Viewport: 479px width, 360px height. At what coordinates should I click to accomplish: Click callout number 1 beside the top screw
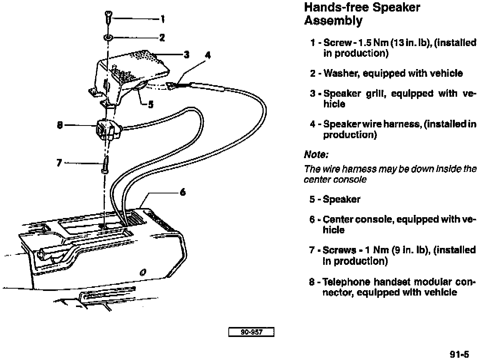tap(163, 18)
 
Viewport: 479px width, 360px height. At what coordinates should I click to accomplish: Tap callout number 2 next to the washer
tap(162, 37)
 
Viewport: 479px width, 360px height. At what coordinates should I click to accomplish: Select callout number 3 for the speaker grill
tap(187, 55)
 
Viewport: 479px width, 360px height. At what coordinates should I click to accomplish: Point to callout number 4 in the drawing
tap(208, 55)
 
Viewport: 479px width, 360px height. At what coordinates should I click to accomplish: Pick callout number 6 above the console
tap(183, 192)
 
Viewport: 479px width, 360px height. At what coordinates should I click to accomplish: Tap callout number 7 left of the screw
tap(59, 163)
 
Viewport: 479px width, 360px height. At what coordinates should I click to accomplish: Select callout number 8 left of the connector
tap(60, 125)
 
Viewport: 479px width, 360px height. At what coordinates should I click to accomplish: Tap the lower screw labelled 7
tap(105, 164)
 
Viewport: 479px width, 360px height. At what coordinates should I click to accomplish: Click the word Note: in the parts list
tap(316, 155)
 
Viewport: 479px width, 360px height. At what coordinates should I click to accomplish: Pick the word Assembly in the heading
tap(333, 21)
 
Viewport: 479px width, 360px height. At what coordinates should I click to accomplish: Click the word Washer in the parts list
tap(339, 73)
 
